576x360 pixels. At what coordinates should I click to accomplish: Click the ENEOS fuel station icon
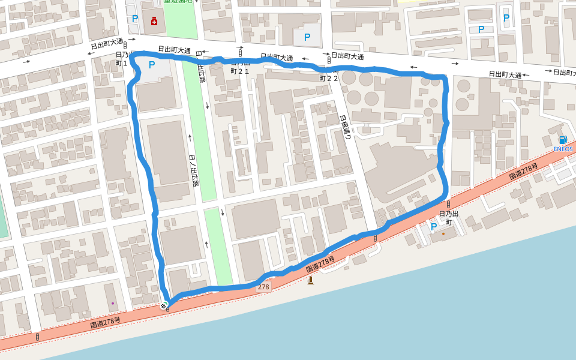tap(563, 140)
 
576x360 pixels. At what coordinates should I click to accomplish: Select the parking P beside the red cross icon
tap(135, 19)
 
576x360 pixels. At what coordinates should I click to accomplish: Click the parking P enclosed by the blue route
tap(152, 65)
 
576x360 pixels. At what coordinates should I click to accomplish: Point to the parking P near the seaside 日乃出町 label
tap(434, 227)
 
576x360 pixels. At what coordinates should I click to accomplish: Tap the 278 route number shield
tap(263, 287)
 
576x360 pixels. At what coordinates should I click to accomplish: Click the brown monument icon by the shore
tap(310, 280)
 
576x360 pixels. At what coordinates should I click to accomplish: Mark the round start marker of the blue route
tap(164, 305)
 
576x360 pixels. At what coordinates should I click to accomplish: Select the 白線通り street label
tap(346, 127)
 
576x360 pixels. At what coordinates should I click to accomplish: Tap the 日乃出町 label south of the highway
tap(449, 218)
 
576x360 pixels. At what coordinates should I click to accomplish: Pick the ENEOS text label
tap(563, 149)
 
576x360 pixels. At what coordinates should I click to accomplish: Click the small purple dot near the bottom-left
tap(112, 304)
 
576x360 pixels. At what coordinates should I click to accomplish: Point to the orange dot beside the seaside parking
tap(443, 233)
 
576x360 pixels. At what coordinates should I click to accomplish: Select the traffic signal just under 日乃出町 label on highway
tap(375, 238)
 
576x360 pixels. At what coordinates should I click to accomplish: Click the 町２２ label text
tap(329, 78)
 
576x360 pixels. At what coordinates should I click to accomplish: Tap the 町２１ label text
tap(239, 71)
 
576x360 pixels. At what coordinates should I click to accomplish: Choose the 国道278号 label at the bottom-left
tap(105, 322)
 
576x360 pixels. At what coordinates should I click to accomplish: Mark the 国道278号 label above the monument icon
tap(320, 263)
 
